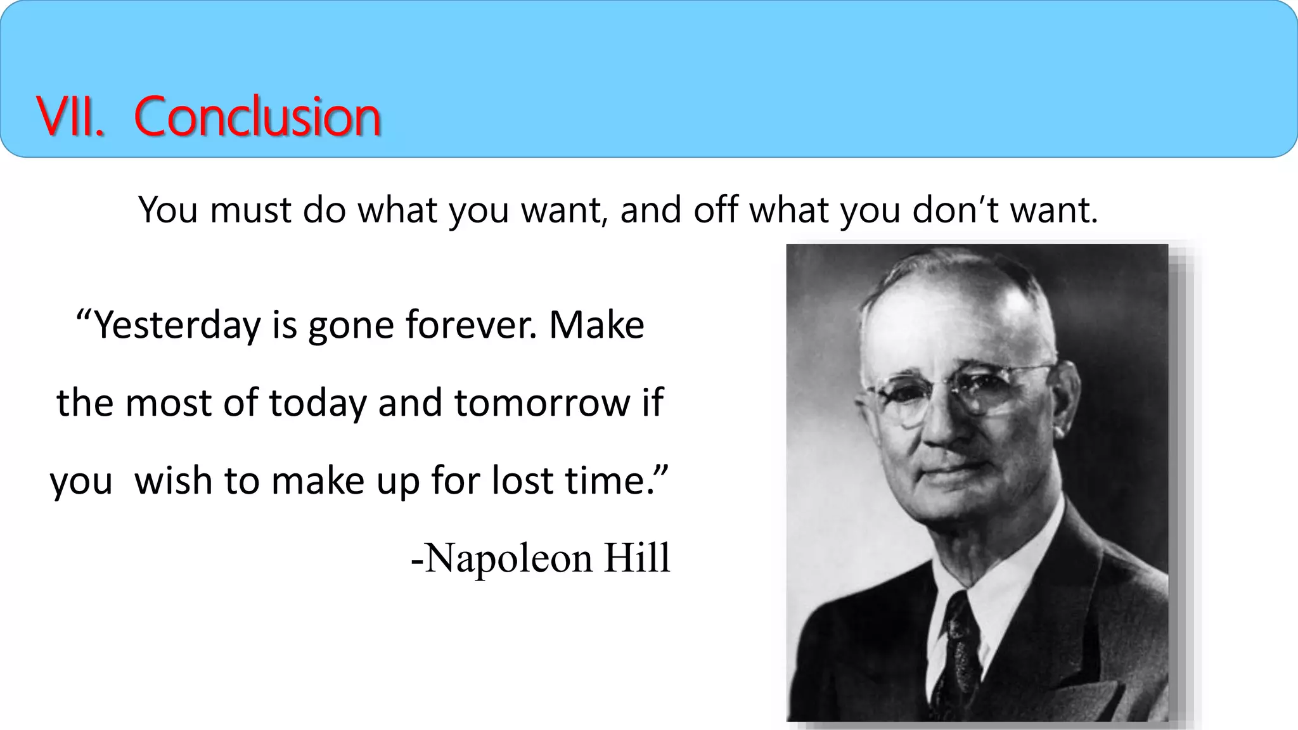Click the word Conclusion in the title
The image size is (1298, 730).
pos(257,117)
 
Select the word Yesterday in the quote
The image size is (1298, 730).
pos(177,326)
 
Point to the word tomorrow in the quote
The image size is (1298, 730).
pos(543,403)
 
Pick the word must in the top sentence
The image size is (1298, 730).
pos(250,210)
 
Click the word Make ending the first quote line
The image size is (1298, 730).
pos(596,326)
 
